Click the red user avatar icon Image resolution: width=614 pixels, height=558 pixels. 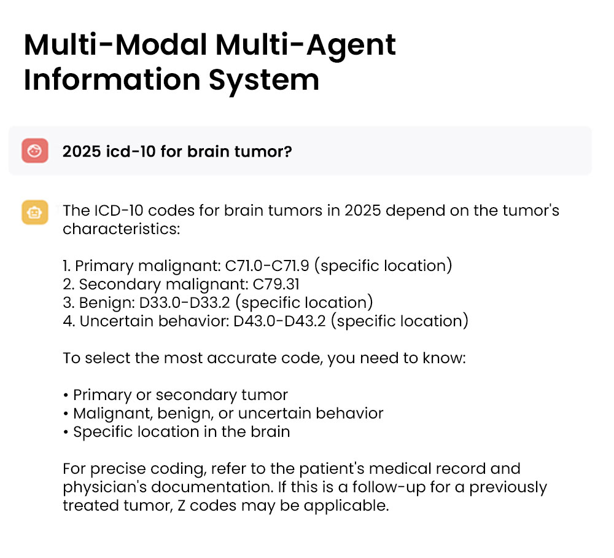coord(35,151)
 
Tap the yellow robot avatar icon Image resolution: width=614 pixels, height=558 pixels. coord(35,212)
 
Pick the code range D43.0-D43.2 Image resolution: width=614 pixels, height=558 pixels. coord(280,321)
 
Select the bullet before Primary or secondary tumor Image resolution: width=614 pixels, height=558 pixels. coord(66,395)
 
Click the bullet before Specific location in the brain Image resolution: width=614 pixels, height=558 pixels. coord(66,432)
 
